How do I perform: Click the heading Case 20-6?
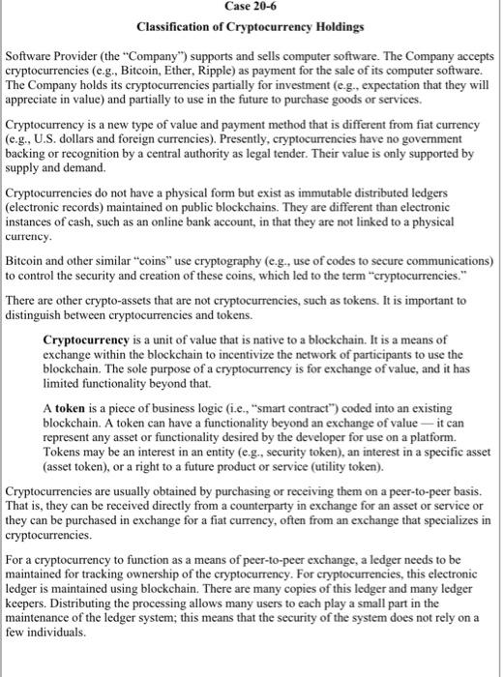[251, 7]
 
